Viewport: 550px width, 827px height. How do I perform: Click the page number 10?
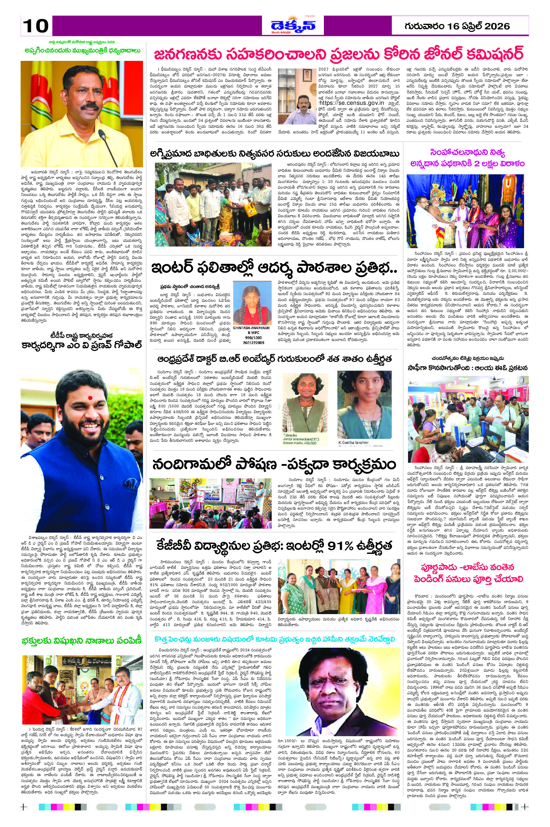(x=36, y=26)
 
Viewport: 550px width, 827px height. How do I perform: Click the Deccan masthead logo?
(x=293, y=25)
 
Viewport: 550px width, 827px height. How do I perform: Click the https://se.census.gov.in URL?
(x=351, y=103)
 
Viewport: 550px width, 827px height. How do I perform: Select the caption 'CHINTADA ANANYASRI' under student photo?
(x=251, y=328)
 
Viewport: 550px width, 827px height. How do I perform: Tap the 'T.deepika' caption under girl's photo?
(x=291, y=435)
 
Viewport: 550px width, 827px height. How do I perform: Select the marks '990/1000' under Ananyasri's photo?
(x=251, y=338)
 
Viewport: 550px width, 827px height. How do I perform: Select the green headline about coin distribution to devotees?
(x=81, y=641)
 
